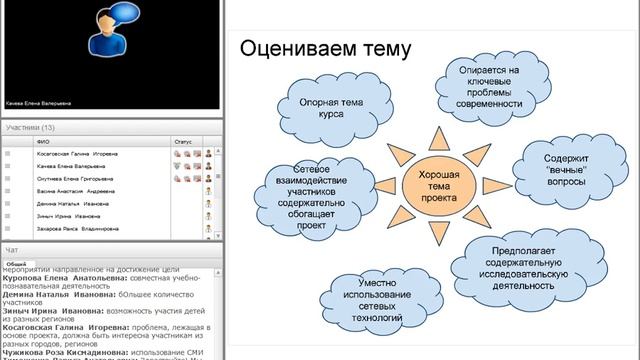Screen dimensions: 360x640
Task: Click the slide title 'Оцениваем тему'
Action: pyautogui.click(x=325, y=47)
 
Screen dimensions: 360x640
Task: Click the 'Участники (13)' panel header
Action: pyautogui.click(x=30, y=128)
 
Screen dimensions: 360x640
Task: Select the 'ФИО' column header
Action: pyautogui.click(x=42, y=142)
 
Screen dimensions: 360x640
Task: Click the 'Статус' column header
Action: pyautogui.click(x=182, y=142)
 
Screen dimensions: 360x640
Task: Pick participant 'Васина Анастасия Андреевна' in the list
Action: pyautogui.click(x=72, y=190)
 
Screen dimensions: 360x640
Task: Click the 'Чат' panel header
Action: pyautogui.click(x=11, y=248)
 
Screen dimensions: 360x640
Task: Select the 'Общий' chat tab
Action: pyautogui.click(x=16, y=262)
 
